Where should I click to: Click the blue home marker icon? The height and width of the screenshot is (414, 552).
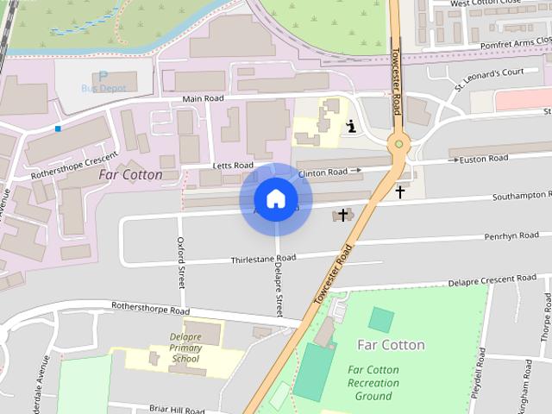pyautogui.click(x=275, y=199)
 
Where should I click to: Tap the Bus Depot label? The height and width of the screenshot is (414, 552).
pyautogui.click(x=103, y=88)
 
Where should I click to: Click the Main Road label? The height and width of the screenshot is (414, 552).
pyautogui.click(x=203, y=99)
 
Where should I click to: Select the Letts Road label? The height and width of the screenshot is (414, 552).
pyautogui.click(x=233, y=165)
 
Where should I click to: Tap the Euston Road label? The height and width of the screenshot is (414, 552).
pyautogui.click(x=485, y=159)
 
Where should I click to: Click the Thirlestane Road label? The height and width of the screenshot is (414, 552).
pyautogui.click(x=263, y=258)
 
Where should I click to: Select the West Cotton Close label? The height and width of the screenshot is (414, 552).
pyautogui.click(x=485, y=3)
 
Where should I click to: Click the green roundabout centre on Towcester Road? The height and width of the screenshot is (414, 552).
pyautogui.click(x=398, y=144)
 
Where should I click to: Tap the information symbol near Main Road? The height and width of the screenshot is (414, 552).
pyautogui.click(x=351, y=128)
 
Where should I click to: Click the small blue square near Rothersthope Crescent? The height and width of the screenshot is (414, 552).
pyautogui.click(x=58, y=129)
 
